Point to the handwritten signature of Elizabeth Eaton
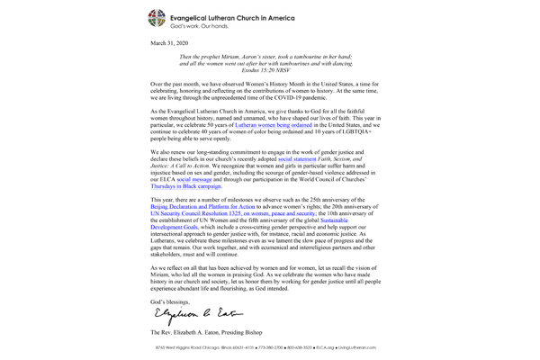pyautogui.click(x=187, y=313)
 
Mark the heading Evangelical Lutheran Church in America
pyautogui.click(x=246, y=14)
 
